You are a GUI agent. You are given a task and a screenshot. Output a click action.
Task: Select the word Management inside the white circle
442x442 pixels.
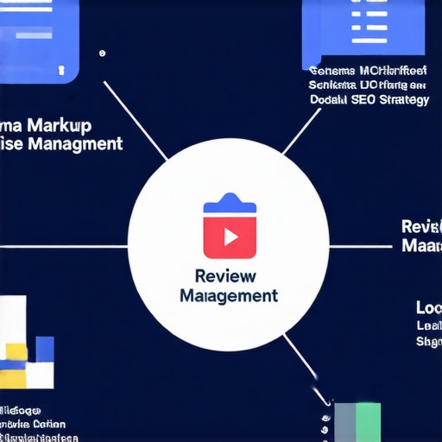[229, 295]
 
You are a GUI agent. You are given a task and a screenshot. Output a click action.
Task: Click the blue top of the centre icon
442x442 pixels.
[229, 205]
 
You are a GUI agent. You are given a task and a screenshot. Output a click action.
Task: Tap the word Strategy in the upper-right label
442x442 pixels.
[402, 100]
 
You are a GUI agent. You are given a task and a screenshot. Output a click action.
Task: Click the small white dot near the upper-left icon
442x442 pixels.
[102, 54]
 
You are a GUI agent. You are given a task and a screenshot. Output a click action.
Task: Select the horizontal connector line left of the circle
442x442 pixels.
[65, 246]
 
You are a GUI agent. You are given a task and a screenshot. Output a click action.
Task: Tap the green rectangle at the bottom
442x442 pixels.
[369, 421]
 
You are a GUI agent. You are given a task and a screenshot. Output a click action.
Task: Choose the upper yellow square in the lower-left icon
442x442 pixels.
[16, 350]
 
